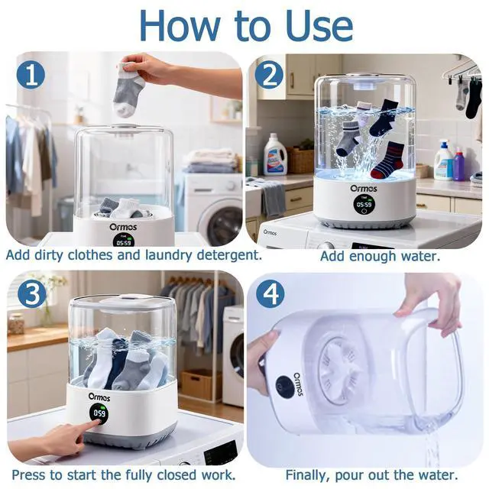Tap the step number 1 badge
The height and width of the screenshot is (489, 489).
tap(31, 75)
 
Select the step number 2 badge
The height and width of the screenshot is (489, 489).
tap(269, 75)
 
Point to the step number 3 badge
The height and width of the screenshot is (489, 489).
tap(32, 294)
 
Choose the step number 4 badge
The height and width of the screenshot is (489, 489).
tap(270, 293)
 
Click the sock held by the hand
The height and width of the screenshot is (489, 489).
tap(128, 90)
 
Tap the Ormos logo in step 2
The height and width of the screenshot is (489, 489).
tap(364, 189)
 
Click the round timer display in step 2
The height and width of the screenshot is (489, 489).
tap(364, 205)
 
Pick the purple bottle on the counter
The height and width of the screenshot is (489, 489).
tap(458, 164)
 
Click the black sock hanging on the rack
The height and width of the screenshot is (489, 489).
tap(474, 99)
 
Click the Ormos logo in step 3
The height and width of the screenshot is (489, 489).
tap(99, 397)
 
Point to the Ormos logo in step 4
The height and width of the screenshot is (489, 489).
tap(298, 384)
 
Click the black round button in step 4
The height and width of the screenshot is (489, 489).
tap(284, 387)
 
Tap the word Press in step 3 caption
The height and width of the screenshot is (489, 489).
tap(30, 475)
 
